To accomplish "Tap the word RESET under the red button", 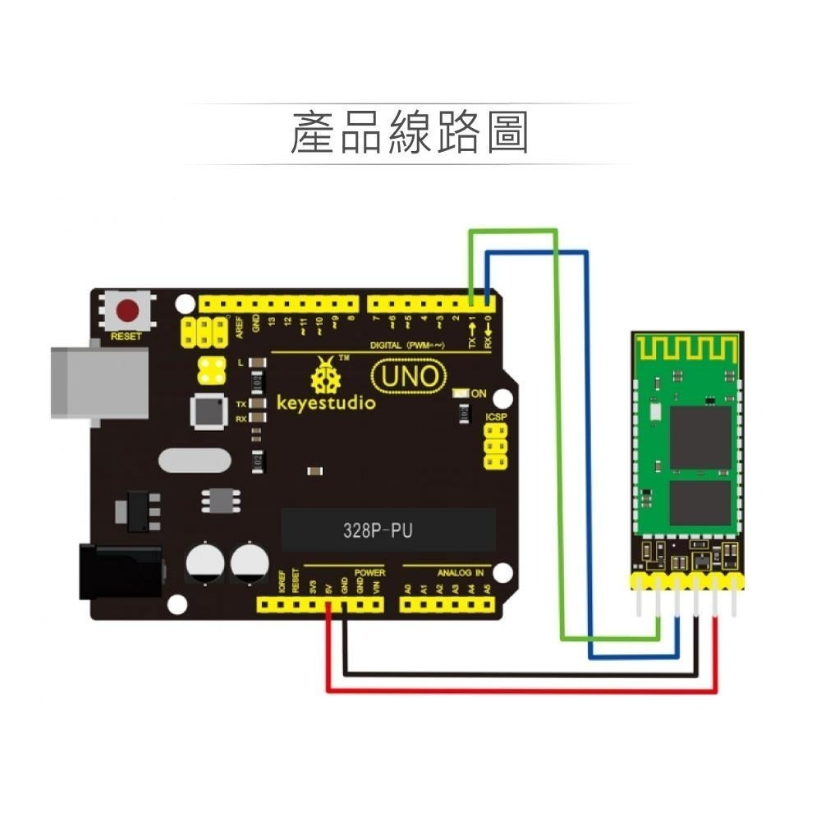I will [126, 337].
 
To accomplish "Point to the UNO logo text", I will [409, 378].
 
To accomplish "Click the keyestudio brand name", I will [325, 403].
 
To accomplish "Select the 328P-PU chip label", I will [378, 530].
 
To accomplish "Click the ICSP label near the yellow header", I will [496, 418].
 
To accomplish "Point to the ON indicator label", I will [479, 394].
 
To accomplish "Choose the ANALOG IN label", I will [460, 572].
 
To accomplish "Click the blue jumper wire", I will [588, 452].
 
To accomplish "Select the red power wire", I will [517, 690].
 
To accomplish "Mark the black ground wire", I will [517, 674].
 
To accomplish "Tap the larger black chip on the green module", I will [699, 437].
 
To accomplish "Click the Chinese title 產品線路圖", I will [409, 133].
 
